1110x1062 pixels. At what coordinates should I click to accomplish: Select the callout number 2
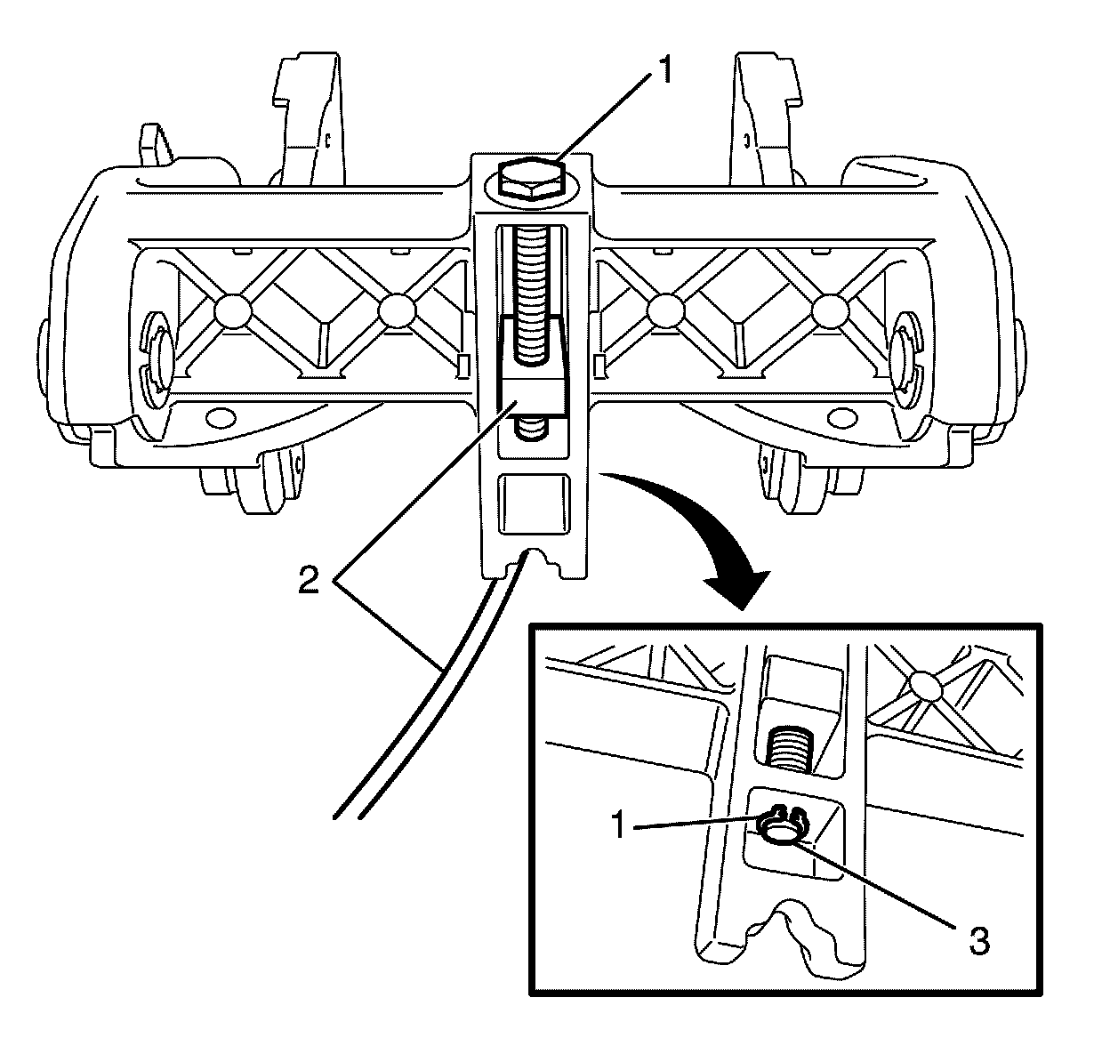(308, 582)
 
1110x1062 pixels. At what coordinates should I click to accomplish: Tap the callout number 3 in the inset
(978, 942)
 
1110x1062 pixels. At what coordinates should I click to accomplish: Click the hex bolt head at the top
(529, 180)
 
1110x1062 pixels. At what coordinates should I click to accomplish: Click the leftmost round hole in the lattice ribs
(230, 310)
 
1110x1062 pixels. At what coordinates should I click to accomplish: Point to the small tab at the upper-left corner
(152, 143)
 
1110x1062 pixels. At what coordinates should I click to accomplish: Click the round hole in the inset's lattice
(925, 686)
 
